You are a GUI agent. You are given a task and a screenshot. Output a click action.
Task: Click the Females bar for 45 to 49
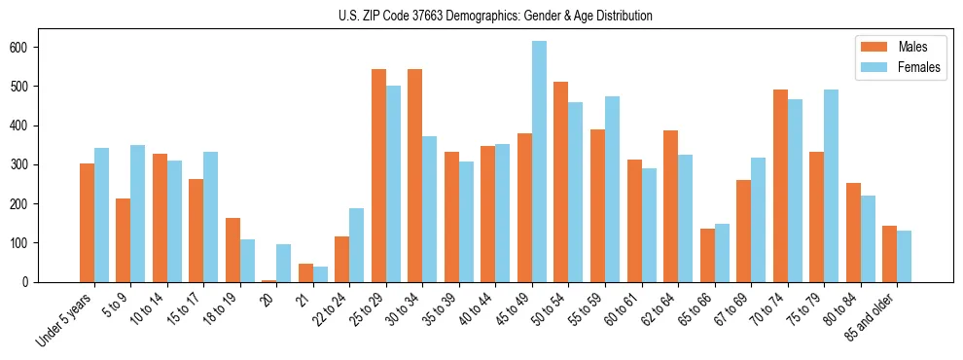click(x=539, y=162)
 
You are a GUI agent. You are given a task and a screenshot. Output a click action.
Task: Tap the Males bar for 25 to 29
click(x=378, y=175)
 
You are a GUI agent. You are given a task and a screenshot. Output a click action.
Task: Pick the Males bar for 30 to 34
click(x=415, y=175)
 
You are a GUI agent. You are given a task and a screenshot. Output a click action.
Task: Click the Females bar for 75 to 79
click(x=831, y=186)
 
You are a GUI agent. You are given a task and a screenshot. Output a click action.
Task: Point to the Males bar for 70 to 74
click(x=780, y=186)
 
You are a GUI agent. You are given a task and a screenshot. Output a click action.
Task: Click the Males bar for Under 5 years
click(x=87, y=223)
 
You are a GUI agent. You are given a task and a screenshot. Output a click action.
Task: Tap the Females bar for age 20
click(x=283, y=263)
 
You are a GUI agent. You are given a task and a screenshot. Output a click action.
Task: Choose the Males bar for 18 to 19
click(x=232, y=250)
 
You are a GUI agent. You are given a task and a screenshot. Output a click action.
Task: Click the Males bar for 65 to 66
click(x=707, y=255)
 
